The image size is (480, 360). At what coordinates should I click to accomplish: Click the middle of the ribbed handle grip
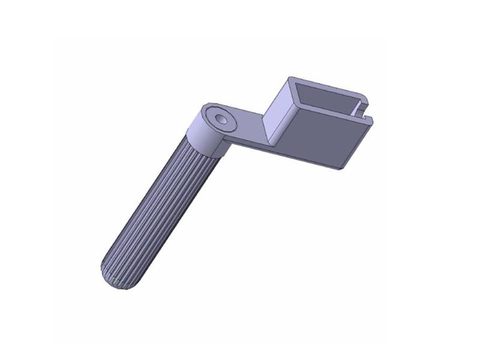[x=162, y=210]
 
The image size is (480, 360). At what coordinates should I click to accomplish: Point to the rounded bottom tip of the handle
[x=114, y=283]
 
